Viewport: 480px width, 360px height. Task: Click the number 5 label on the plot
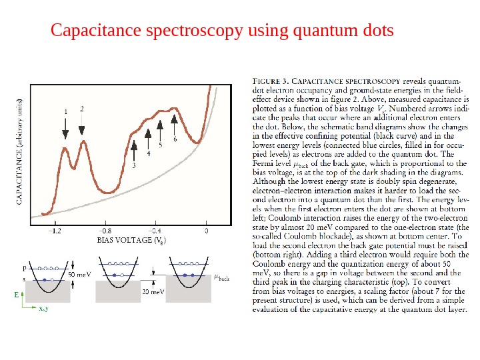point(160,144)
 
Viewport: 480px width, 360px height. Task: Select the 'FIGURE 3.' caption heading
point(269,75)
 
